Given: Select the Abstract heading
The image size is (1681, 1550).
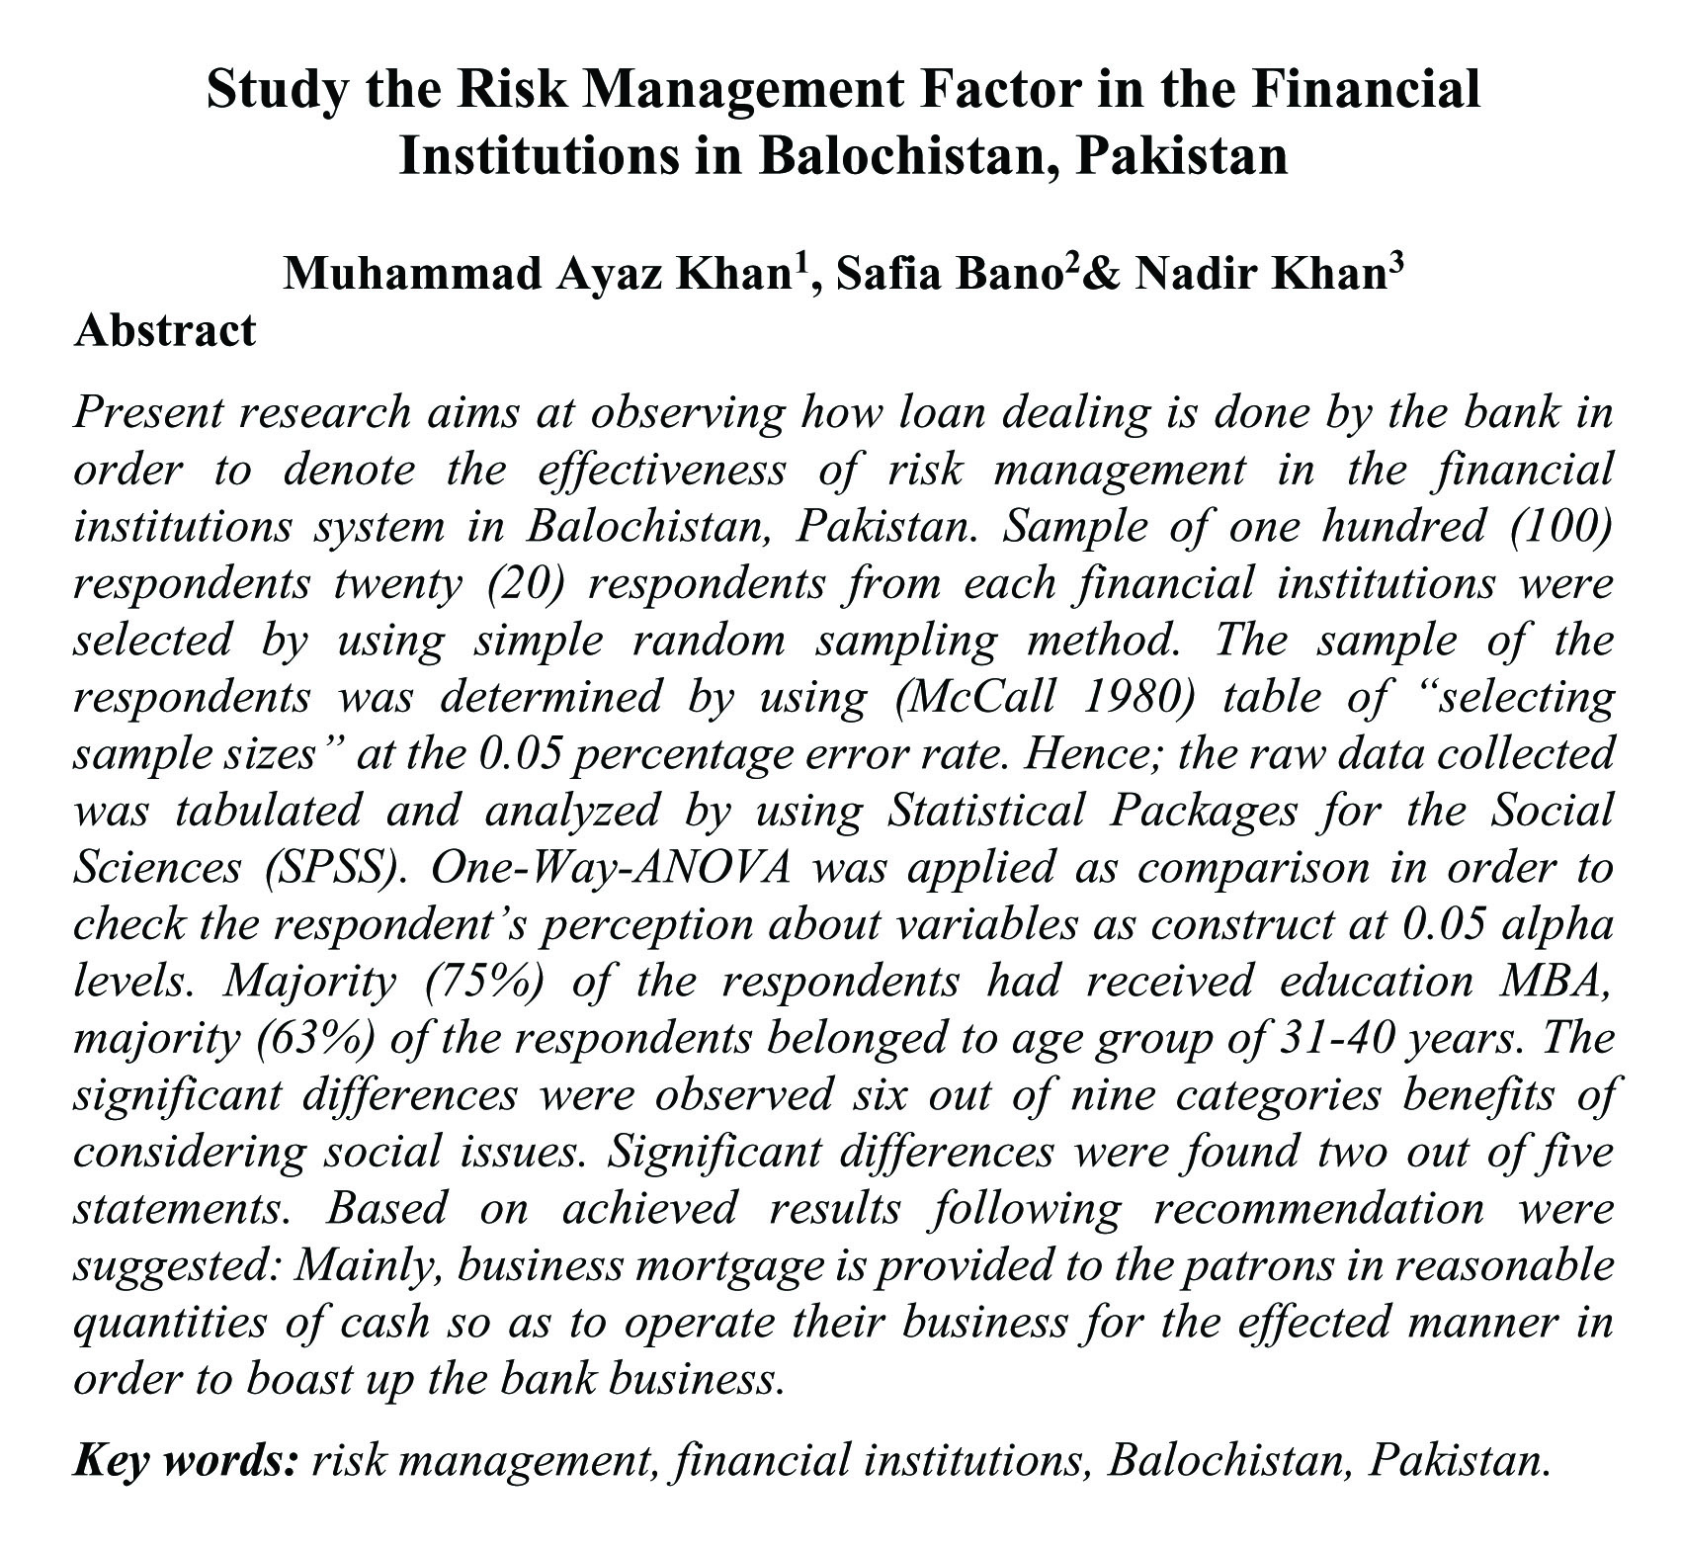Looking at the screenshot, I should (165, 330).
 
